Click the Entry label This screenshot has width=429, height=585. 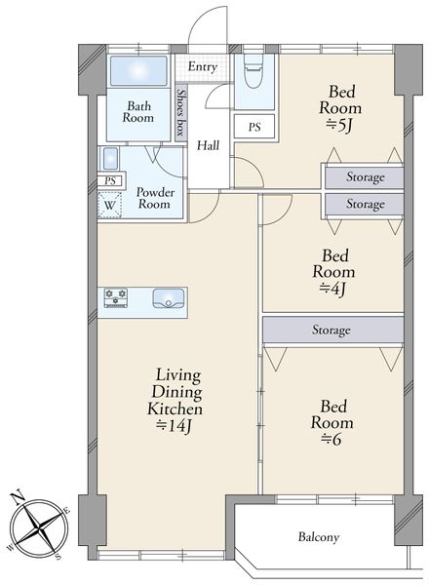point(203,67)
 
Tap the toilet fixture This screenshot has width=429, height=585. point(253,70)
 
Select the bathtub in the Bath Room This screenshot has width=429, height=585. point(138,70)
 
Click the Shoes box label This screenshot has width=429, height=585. point(181,112)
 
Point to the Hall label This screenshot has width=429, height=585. point(208,145)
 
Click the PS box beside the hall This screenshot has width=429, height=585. point(254,127)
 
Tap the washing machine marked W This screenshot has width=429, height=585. point(109,205)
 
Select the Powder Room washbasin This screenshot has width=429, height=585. point(110,159)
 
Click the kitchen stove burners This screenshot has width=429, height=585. point(116,297)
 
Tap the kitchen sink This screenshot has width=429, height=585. point(169,298)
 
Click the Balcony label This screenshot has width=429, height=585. point(319,537)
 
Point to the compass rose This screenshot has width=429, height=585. point(39,526)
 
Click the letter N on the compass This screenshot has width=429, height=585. point(17,498)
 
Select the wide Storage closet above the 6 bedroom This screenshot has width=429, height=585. point(333,330)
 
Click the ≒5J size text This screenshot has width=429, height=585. point(339,126)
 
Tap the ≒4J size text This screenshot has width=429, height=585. point(333,289)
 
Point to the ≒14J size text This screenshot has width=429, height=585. point(175,426)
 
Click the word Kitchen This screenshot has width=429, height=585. point(175,409)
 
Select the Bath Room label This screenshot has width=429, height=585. point(138,112)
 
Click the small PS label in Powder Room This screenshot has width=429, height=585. point(110,181)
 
